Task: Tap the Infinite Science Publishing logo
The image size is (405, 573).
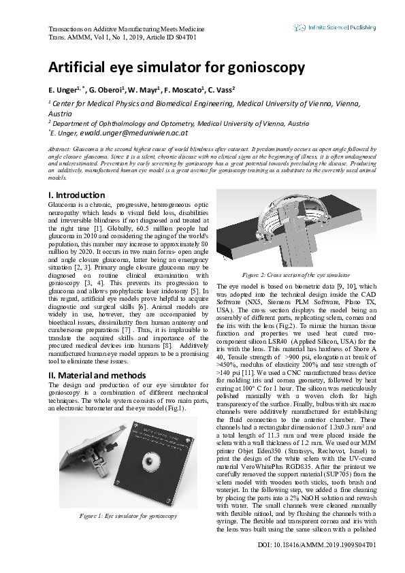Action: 334,28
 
